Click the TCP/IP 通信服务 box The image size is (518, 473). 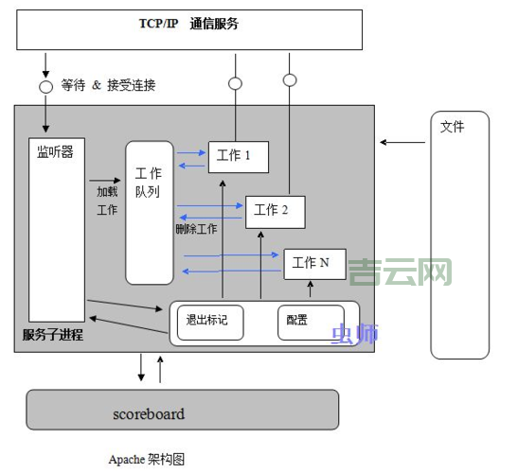[x=189, y=29]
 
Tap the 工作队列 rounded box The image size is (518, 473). [x=150, y=212]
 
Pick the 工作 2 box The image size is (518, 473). [x=276, y=211]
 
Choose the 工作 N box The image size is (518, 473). [x=314, y=263]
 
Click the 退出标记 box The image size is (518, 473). [x=209, y=322]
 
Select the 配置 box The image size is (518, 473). [x=308, y=322]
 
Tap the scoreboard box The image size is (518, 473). [x=182, y=413]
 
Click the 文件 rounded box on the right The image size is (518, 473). [x=460, y=235]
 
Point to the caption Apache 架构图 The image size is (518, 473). [x=146, y=459]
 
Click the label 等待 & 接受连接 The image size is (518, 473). [x=108, y=85]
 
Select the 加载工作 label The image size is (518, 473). [x=107, y=200]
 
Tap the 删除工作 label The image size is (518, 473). [x=196, y=229]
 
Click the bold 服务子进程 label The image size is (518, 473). [x=53, y=336]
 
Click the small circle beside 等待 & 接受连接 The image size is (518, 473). [x=45, y=86]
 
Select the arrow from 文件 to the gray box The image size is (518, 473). [x=402, y=143]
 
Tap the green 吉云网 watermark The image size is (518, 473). [x=400, y=272]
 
